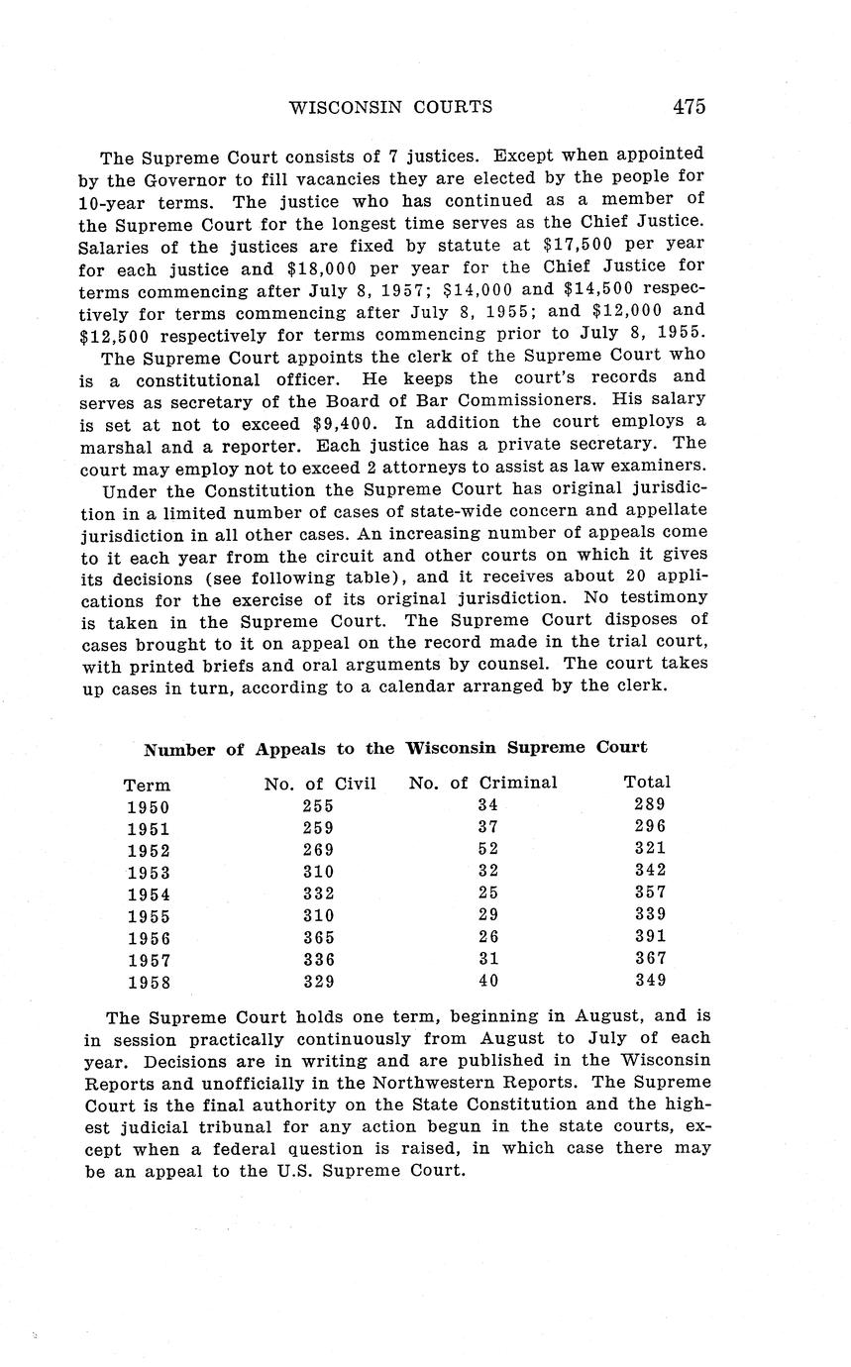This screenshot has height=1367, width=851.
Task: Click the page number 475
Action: point(688,107)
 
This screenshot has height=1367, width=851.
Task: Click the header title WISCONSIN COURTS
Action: point(389,107)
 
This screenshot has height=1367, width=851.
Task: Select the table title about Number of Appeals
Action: point(395,748)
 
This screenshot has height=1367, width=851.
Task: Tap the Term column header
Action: point(147,786)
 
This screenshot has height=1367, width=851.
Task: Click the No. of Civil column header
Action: point(320,785)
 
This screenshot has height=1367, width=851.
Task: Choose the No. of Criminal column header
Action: point(482,784)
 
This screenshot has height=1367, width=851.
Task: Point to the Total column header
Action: point(647,783)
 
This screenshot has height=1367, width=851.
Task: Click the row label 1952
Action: point(149,851)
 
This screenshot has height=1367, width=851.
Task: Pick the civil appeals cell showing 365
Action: point(318,937)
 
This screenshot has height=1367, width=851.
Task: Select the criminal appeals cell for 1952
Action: point(487,850)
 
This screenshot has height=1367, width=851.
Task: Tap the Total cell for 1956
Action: point(650,936)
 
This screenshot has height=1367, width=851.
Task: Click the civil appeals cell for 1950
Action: point(318,806)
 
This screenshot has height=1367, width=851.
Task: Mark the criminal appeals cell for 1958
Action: point(487,982)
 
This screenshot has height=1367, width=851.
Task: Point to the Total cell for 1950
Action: point(650,805)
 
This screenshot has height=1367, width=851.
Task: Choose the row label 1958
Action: point(149,983)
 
